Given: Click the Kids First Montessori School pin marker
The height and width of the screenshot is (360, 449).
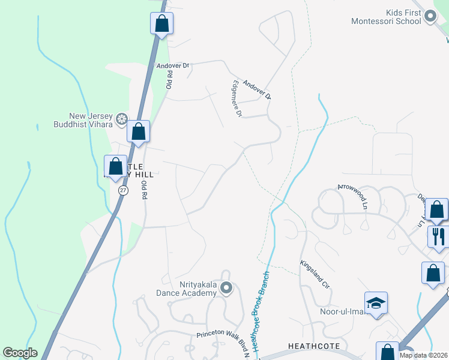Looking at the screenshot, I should pos(430,17).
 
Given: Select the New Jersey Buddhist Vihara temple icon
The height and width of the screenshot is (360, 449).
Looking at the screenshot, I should pos(122,119).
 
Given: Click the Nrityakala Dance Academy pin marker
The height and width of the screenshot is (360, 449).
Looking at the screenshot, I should pos(226,289).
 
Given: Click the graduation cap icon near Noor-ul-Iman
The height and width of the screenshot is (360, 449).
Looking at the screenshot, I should pos(376,304).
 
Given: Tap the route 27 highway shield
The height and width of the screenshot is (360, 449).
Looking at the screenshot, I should pos(123,190).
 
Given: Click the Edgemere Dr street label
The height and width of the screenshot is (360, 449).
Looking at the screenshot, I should pos(237,100).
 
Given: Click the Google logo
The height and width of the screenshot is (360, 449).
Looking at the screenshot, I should pos(20,353).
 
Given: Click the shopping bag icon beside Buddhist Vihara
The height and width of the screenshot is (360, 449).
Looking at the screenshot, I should pos(139,131).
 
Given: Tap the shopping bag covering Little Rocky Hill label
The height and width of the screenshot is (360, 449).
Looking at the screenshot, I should pos(115,166).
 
